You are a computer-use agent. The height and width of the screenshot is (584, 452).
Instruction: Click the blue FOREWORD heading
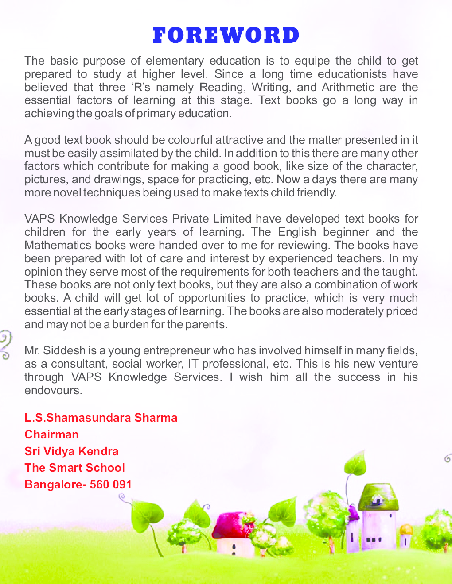(x=226, y=36)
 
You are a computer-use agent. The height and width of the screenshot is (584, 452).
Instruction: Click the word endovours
(x=53, y=391)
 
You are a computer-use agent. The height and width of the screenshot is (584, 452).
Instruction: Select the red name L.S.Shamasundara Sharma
(x=101, y=418)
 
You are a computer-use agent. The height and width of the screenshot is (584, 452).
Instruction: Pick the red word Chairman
(x=51, y=434)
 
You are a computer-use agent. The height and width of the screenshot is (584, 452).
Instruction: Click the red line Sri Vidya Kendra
(x=71, y=451)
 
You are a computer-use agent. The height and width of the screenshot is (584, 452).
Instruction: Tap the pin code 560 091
(x=111, y=484)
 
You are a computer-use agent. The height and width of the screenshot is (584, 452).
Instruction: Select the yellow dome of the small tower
(x=406, y=529)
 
